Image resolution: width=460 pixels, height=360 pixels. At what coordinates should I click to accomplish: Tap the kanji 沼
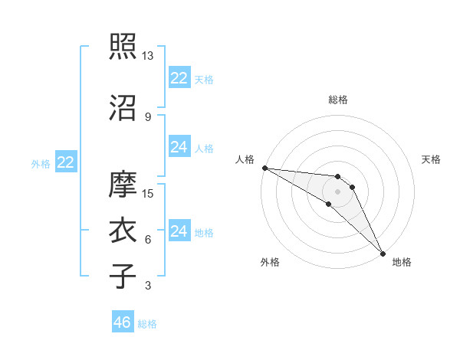pos(123,108)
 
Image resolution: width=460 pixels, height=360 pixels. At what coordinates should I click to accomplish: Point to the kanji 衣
pos(123,231)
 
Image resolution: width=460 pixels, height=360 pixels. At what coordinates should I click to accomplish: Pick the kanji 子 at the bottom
pos(123,277)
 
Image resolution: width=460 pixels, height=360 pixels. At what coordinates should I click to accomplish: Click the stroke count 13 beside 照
pos(148,56)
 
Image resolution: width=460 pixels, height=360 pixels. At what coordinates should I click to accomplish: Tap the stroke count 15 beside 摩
pos(148,194)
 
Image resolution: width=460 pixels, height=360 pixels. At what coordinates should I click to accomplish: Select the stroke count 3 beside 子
pos(147,286)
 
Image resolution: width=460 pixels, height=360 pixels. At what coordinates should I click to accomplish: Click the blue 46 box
pos(123,322)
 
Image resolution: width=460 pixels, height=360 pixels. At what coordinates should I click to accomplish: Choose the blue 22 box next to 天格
pos(179,78)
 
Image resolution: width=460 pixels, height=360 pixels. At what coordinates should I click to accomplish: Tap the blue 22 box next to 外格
pos(65,162)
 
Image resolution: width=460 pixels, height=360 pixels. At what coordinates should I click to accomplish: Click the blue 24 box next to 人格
pos(179,147)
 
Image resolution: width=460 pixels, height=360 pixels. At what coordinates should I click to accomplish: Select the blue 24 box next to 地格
pos(179,231)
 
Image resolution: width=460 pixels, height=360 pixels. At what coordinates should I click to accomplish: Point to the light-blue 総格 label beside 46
pos(147,323)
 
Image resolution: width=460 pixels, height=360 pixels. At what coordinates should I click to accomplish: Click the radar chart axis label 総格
pos(337,100)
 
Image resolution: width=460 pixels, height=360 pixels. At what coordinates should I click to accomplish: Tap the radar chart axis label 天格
pos(432,159)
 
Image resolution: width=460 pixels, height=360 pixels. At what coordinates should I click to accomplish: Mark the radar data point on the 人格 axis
pos(264,168)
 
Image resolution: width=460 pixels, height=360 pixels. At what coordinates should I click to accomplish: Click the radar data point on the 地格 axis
pos(383,253)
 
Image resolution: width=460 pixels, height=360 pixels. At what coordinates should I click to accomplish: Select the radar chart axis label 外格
pos(270,263)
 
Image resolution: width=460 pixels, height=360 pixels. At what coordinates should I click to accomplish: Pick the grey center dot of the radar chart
pos(337,191)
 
